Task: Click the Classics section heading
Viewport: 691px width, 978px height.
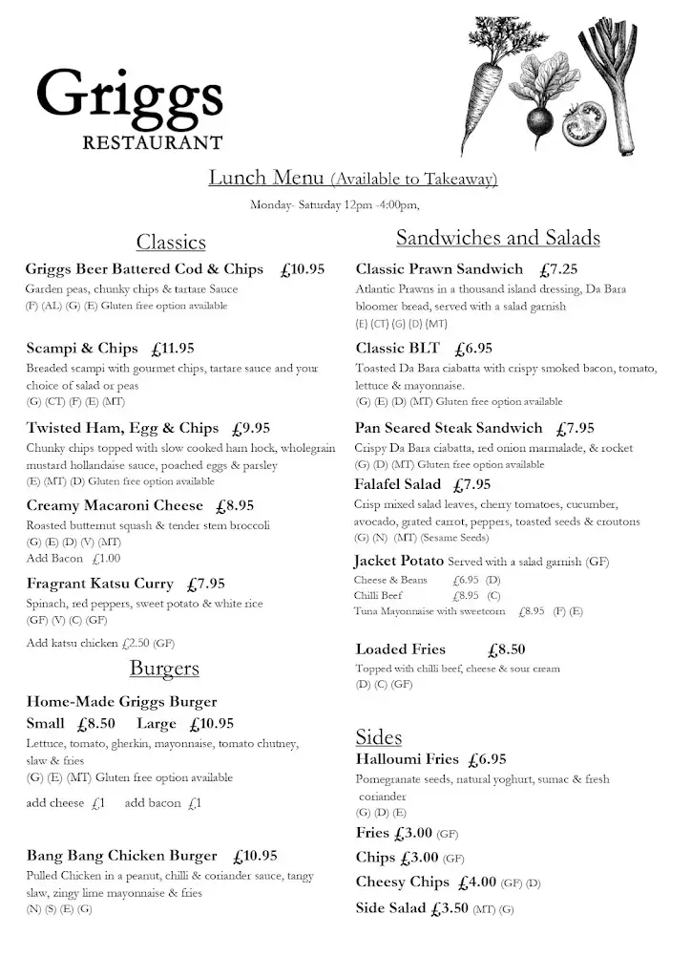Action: tap(171, 242)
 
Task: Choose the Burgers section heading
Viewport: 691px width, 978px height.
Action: tap(164, 667)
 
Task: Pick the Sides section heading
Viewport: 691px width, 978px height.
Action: tap(379, 736)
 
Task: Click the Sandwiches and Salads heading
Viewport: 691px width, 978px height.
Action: tap(498, 238)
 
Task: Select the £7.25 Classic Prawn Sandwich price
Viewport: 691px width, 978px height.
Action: tap(558, 269)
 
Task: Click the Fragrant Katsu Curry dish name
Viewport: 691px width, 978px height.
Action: tap(100, 584)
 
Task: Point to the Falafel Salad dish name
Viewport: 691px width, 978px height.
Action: tap(398, 484)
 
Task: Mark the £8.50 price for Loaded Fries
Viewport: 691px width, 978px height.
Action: tap(506, 649)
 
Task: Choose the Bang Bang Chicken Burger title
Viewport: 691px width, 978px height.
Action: tap(122, 856)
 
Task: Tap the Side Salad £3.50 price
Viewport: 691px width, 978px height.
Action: tap(450, 908)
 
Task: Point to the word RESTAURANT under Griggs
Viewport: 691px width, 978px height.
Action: tap(154, 144)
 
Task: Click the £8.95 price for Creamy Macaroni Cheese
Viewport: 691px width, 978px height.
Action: tap(235, 505)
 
